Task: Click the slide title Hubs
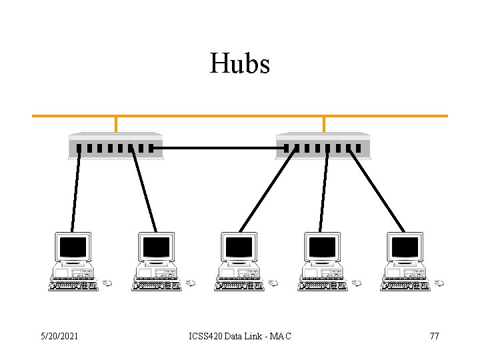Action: [240, 64]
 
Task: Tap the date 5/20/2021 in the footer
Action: [59, 336]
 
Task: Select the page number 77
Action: [434, 336]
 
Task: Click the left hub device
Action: [115, 146]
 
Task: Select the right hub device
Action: [323, 146]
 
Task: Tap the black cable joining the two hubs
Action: [220, 148]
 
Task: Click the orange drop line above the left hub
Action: [116, 124]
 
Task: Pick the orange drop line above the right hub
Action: [324, 124]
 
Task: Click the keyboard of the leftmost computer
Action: [73, 285]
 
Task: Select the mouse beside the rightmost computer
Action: [439, 283]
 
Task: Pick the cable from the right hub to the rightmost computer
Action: [376, 189]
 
